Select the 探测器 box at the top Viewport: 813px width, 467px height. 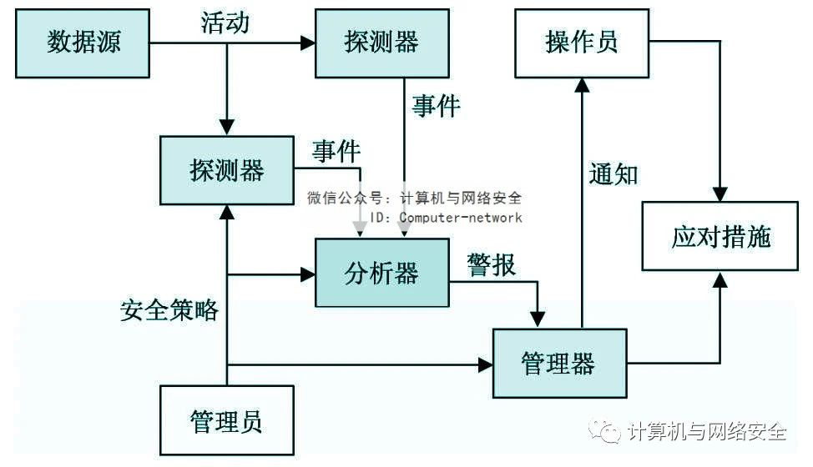381,43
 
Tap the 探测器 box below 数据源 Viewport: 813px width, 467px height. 227,171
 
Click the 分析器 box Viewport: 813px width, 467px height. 381,273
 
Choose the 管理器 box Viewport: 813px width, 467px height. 558,363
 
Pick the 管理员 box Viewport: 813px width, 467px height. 226,419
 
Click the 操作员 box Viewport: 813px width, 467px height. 582,43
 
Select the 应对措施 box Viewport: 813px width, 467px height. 721,237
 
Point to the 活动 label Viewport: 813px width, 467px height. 225,23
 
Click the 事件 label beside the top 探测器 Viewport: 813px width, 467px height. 436,106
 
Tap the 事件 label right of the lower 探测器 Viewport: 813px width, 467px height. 336,151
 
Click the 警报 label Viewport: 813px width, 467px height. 492,265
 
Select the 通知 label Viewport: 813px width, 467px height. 614,173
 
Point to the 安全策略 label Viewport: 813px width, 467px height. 169,310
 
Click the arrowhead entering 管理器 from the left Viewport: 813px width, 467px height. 485,364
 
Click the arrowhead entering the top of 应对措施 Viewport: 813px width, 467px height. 720,193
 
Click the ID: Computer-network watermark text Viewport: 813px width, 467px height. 446,218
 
